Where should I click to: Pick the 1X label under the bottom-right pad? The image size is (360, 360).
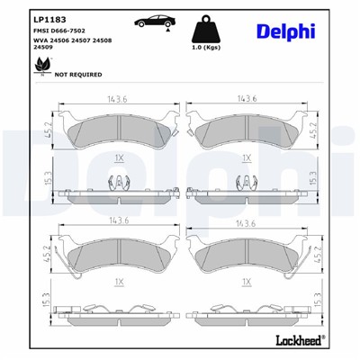point(245,281)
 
